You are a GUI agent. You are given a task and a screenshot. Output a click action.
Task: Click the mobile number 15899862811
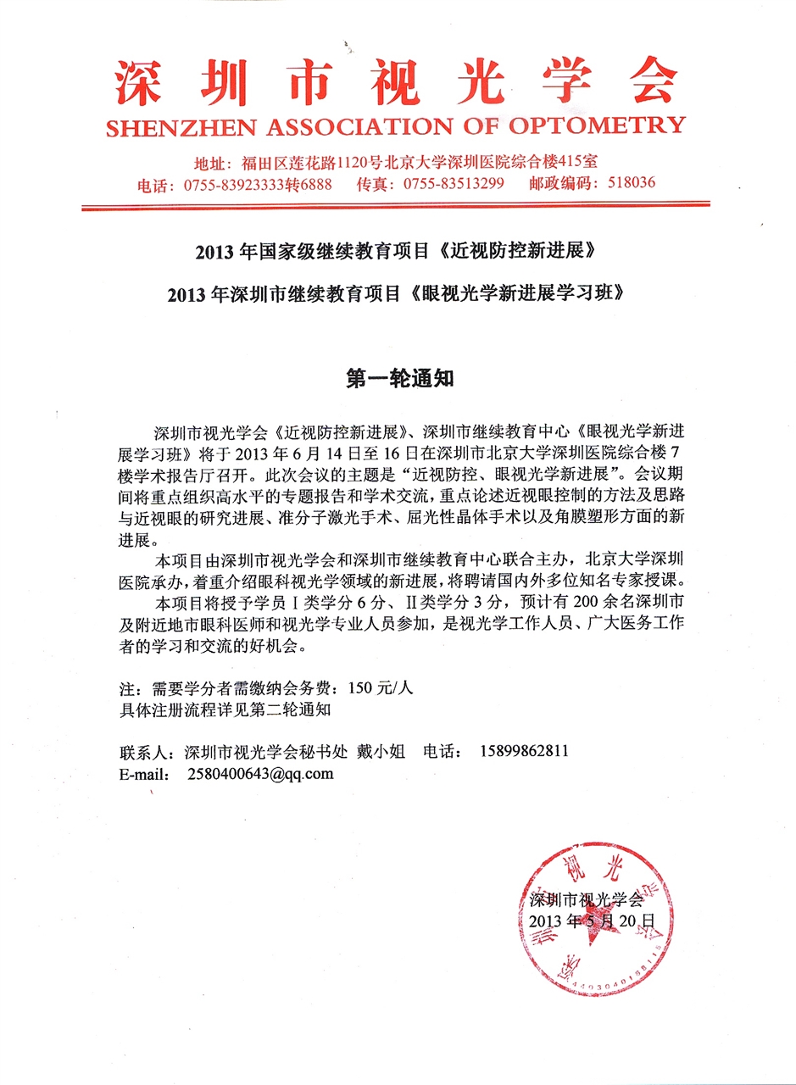tap(524, 751)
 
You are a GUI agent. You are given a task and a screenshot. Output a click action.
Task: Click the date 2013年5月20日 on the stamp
tap(591, 921)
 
